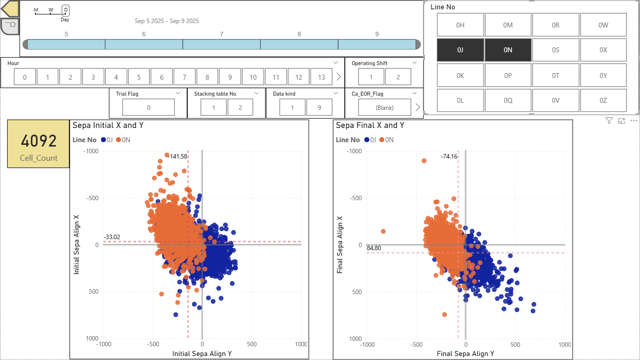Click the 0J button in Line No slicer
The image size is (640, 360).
pyautogui.click(x=460, y=50)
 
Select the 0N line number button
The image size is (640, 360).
pyautogui.click(x=508, y=50)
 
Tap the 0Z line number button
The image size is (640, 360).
pyautogui.click(x=603, y=101)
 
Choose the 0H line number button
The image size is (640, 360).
pyautogui.click(x=460, y=25)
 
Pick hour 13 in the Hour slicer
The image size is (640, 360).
pyautogui.click(x=321, y=77)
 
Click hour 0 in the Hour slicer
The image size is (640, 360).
pyautogui.click(x=25, y=77)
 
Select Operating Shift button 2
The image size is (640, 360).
pyautogui.click(x=398, y=77)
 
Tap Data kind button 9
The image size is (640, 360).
pyautogui.click(x=319, y=107)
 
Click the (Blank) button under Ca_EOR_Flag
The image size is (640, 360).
pyautogui.click(x=385, y=107)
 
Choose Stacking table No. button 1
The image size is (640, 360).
pyautogui.click(x=213, y=107)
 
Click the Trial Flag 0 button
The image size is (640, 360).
pyautogui.click(x=148, y=107)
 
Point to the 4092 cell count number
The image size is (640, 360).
pyautogui.click(x=39, y=141)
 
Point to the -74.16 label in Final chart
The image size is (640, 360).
pyautogui.click(x=449, y=156)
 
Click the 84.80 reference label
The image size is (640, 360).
pyautogui.click(x=374, y=248)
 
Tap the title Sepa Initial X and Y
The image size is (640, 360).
pyautogui.click(x=108, y=125)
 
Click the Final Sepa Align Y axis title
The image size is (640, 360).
pyautogui.click(x=465, y=353)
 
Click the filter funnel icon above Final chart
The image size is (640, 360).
pyautogui.click(x=609, y=120)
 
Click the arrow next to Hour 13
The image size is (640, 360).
pyautogui.click(x=339, y=77)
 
